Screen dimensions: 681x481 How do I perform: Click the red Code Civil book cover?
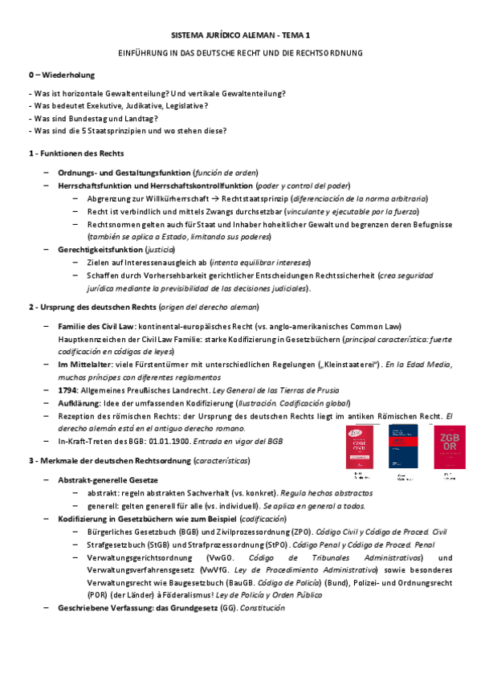pos(359,447)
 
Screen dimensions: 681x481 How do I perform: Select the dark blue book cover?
pos(403,447)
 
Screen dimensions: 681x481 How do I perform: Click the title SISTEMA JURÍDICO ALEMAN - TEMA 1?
pos(240,36)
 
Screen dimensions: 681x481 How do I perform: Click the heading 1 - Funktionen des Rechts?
pos(76,153)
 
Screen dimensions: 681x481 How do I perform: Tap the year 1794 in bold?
pos(67,389)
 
